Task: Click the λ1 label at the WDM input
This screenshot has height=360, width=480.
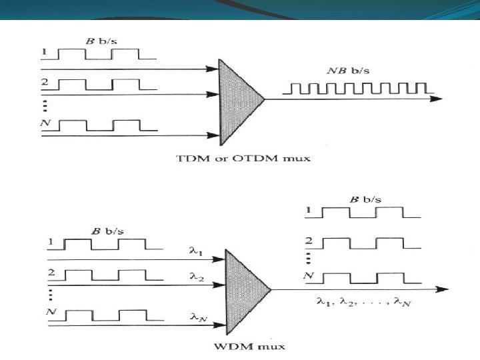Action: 196,251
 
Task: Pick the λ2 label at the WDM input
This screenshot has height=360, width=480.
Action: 197,277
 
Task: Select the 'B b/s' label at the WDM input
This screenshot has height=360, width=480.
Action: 105,231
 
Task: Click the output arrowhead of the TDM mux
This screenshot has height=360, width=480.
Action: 437,99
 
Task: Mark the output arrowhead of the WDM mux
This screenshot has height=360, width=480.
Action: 443,289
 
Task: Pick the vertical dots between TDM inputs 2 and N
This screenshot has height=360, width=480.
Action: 45,107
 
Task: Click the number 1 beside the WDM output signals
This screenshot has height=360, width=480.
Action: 308,210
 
